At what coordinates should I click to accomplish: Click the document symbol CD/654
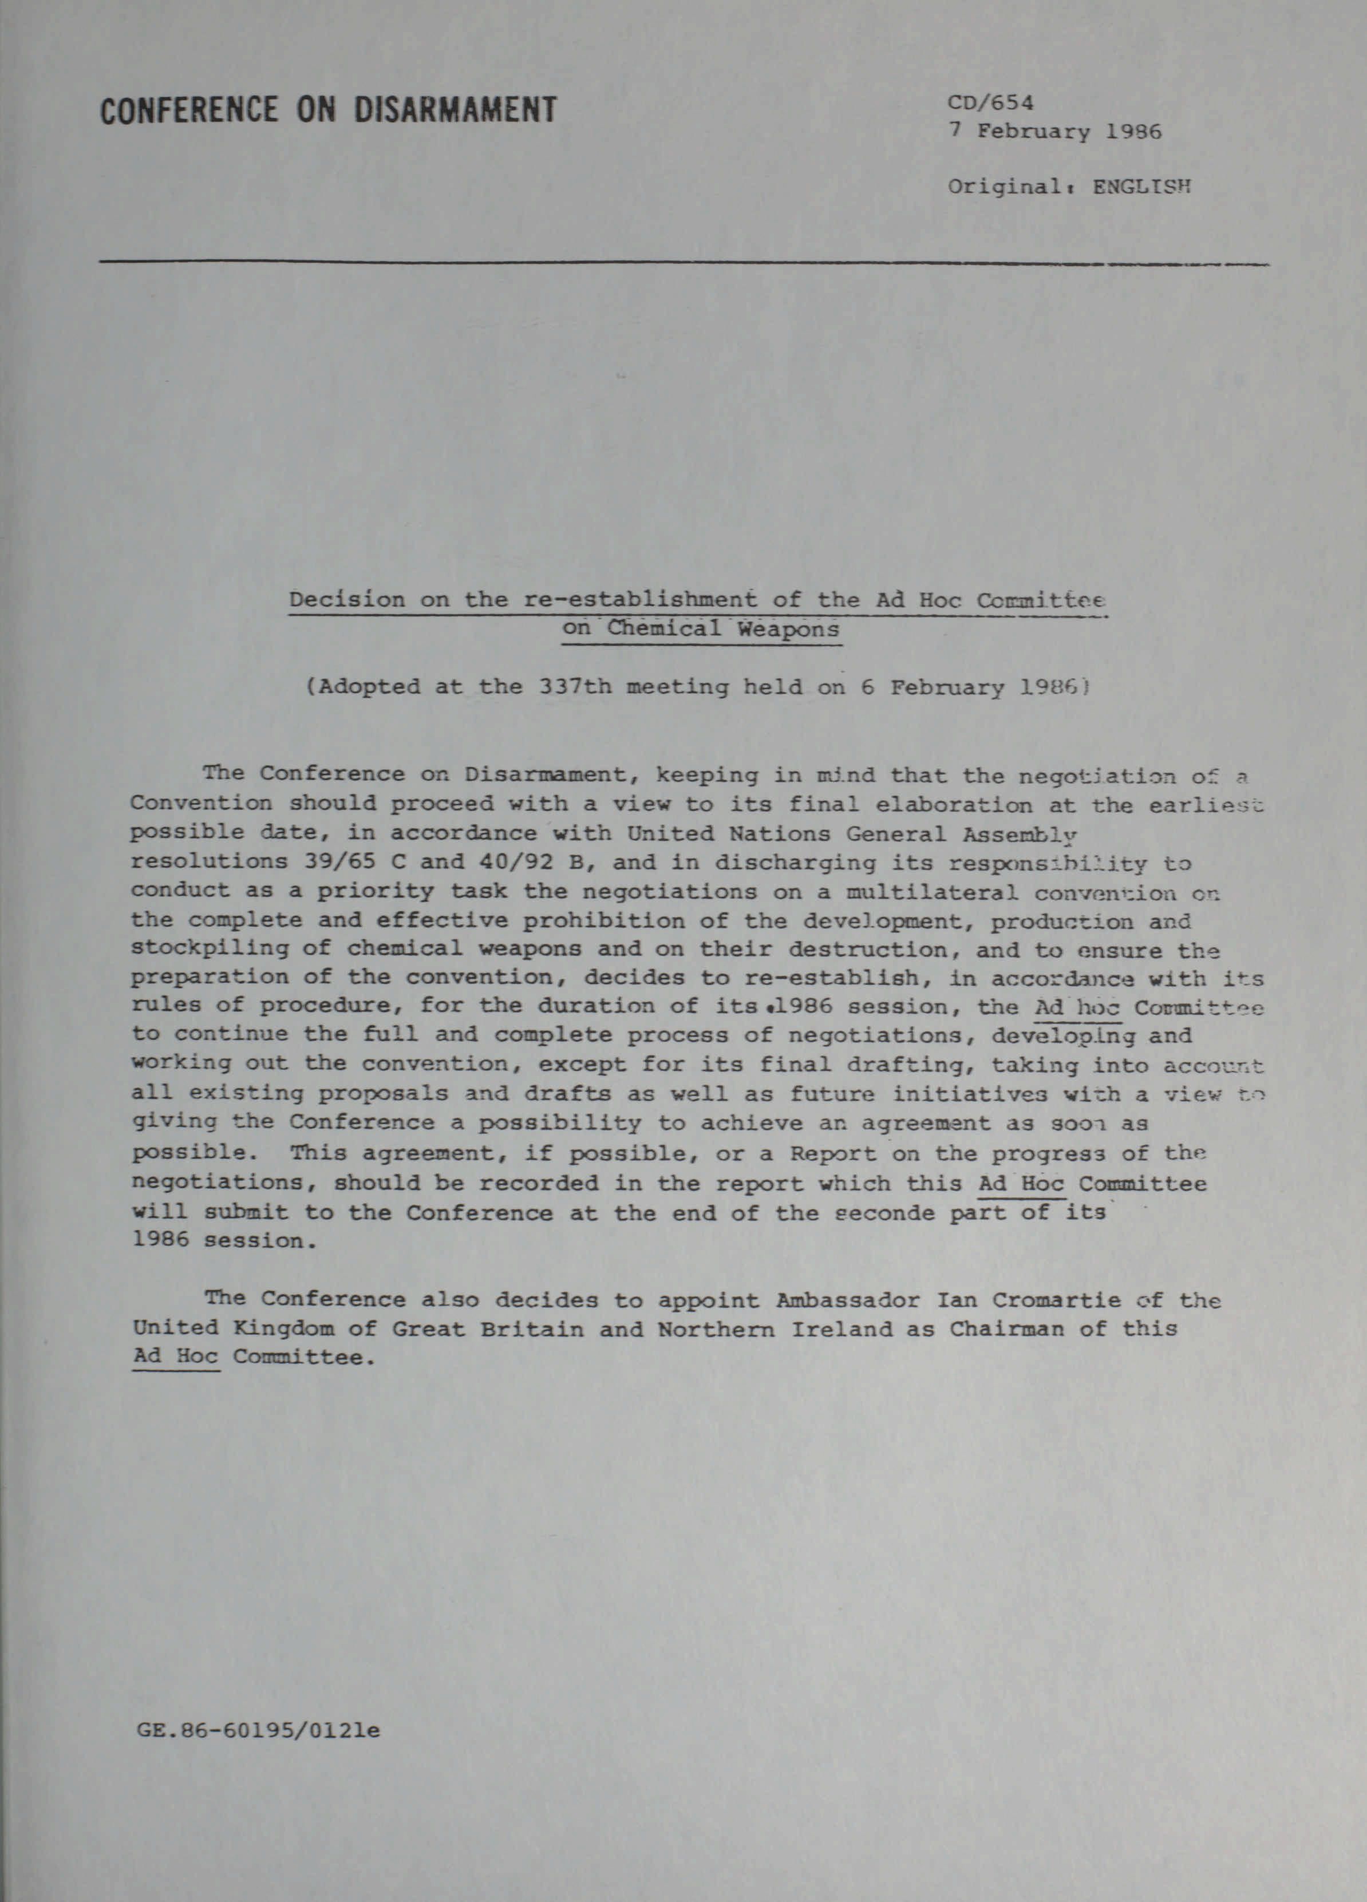tap(990, 103)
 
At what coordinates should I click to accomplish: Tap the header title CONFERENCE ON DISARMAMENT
tap(329, 110)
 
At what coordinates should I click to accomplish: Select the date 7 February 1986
tap(1054, 132)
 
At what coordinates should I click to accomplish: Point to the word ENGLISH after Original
tap(1141, 186)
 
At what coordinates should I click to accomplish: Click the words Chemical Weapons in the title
tap(724, 628)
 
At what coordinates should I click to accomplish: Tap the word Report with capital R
tap(832, 1155)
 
